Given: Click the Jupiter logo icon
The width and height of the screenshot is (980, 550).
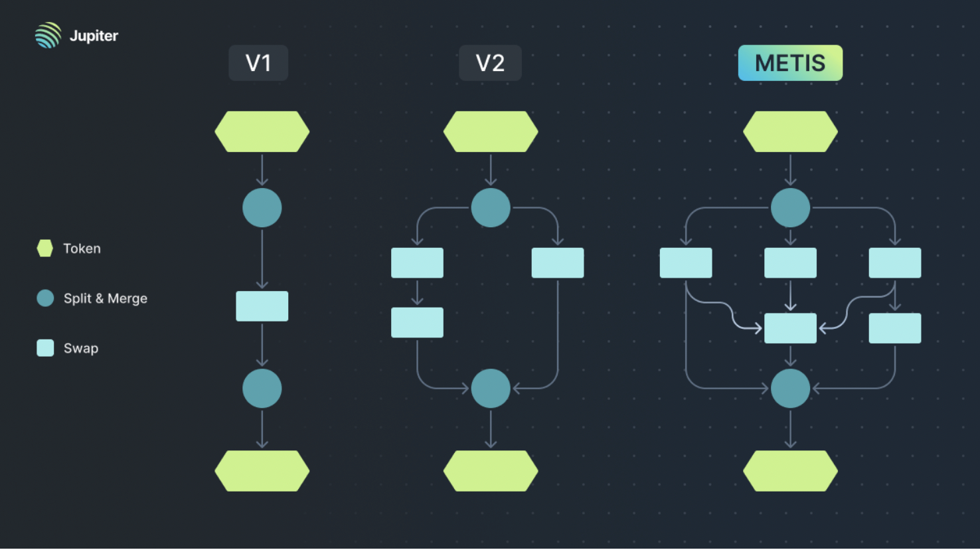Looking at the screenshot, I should point(48,35).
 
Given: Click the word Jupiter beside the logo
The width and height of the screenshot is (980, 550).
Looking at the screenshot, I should point(94,36).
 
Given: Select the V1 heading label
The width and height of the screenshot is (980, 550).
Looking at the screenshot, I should point(258,63).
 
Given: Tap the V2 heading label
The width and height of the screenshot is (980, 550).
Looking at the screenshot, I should point(490,63).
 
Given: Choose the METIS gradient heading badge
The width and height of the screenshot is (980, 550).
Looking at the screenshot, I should point(790,63).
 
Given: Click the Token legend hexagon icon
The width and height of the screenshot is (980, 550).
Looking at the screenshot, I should point(45,248).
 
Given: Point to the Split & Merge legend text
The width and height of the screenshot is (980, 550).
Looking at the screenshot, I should point(105,298).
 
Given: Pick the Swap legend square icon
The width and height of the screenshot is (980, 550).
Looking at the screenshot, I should point(45,348).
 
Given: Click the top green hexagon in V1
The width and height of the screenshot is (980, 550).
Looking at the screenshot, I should point(262,132).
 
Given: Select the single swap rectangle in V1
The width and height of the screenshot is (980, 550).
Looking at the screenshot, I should point(262,306).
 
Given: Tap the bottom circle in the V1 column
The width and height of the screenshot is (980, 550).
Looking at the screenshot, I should point(262,389).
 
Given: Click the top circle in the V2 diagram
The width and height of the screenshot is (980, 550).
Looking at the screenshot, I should point(491,208).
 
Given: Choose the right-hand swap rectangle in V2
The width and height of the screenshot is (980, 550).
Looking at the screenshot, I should point(558,263).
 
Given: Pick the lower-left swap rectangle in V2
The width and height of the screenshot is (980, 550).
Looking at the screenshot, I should point(417,322).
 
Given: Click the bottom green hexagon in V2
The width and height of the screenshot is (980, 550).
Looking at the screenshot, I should point(491,471).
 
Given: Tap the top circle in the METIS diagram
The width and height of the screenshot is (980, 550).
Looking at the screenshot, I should point(790,208).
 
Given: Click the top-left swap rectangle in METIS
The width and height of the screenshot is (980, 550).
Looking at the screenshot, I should point(686,263).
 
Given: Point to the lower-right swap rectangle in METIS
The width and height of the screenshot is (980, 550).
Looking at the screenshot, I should point(895,328).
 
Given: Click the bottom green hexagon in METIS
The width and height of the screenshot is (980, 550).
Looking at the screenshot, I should point(790,471).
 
